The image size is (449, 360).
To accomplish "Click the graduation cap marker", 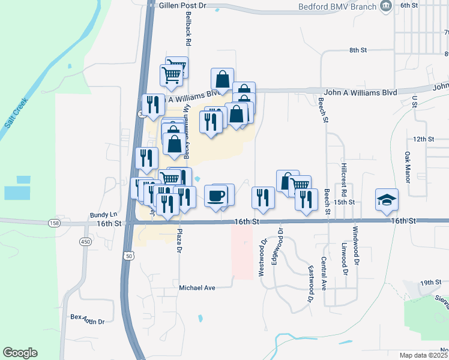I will pos(387,200).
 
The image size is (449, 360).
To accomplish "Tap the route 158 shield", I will pos(55,223).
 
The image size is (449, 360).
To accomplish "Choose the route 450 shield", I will pos(85,241).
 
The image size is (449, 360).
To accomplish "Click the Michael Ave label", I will pos(197,288).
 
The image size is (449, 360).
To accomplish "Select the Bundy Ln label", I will pos(103,214).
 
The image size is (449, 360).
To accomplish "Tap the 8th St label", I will pos(358,50).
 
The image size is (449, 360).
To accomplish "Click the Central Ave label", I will pos(324,272).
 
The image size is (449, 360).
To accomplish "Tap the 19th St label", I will pos(430,282).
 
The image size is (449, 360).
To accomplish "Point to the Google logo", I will pos(20,353).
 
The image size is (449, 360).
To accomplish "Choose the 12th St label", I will pos(423,139).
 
